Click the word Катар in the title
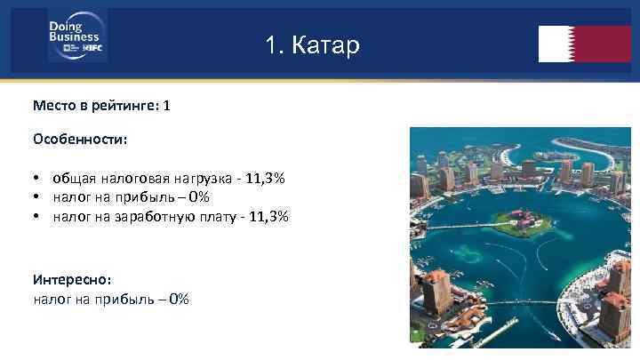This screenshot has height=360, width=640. pos(328,44)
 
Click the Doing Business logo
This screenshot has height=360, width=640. pos(76,36)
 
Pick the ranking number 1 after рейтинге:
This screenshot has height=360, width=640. pos(166,106)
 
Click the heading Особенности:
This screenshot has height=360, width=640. pos(80,140)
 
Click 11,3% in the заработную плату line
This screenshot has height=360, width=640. pos(270,216)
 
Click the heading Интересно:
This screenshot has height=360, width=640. pos(72,280)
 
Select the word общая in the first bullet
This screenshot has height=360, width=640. pos(73,179)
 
